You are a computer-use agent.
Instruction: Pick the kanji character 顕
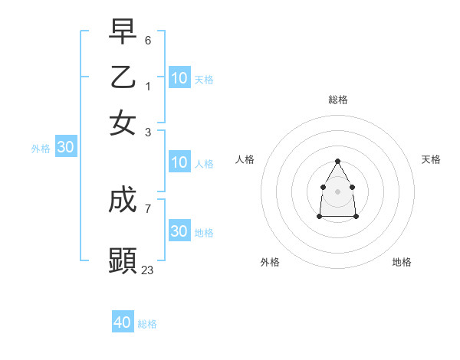tap(123, 261)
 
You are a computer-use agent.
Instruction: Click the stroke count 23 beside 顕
tap(148, 270)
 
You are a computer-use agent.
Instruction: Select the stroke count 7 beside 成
tap(148, 208)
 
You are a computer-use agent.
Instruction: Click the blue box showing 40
tap(123, 322)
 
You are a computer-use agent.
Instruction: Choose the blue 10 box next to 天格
tap(179, 77)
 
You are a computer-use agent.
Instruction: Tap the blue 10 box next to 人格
tap(179, 162)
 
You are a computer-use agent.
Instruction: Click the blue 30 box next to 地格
tap(179, 231)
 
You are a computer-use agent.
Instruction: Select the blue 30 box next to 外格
tap(65, 148)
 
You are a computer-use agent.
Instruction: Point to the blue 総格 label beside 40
tap(147, 324)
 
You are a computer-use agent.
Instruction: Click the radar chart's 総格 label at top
tap(338, 100)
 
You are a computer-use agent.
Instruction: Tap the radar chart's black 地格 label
tap(402, 262)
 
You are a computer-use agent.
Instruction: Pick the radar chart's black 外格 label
tap(270, 262)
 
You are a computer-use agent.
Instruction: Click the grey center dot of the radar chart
tap(337, 191)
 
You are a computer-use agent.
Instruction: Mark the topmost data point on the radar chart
tap(337, 161)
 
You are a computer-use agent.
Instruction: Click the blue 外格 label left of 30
tap(40, 149)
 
